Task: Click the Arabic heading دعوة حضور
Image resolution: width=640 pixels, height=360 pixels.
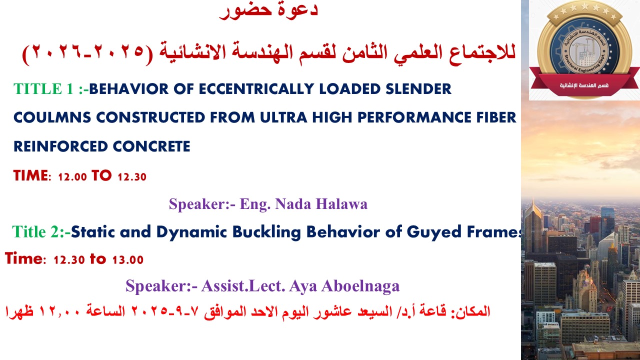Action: (268, 10)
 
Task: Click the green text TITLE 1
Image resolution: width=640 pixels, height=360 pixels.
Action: (43, 89)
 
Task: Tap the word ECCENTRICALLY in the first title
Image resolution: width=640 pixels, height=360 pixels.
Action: (256, 89)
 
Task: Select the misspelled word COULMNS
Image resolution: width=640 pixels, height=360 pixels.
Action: (52, 117)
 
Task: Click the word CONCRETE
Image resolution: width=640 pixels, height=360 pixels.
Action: (151, 146)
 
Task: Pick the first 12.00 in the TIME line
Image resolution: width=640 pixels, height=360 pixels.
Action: (72, 177)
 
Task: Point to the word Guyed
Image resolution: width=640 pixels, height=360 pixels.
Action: (434, 231)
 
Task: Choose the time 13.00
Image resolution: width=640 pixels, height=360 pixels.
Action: (127, 260)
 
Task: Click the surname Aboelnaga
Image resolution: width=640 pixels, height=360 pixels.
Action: (360, 286)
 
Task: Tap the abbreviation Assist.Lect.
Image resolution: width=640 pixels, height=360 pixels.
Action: (243, 286)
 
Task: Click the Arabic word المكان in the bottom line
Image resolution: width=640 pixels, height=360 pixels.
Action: (470, 311)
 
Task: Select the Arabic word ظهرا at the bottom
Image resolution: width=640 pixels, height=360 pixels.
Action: (19, 311)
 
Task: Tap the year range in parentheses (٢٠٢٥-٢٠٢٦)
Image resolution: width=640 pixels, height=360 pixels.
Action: (87, 53)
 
